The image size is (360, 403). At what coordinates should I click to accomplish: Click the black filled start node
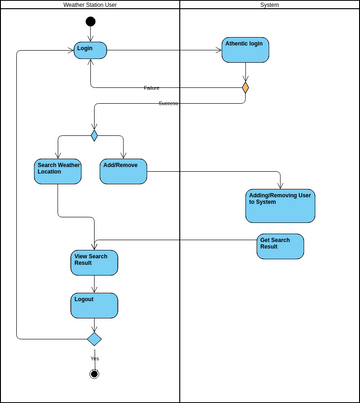coord(90,21)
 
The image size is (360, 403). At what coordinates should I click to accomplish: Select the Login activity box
coord(90,50)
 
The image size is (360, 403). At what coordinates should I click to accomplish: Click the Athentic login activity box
coord(245,50)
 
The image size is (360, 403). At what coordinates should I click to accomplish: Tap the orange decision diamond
coord(245,88)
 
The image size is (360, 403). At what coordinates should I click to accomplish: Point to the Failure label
coord(151,88)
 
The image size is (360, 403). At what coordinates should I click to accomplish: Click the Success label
coord(168,104)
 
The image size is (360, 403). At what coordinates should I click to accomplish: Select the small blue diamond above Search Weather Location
coord(94,135)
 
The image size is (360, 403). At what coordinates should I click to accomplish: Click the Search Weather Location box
coord(58,171)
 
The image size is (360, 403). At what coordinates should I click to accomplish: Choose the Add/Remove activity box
coord(124,171)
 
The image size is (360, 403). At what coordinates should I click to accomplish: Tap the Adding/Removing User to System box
coord(280,205)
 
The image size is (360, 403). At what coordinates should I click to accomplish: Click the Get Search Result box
coord(280,246)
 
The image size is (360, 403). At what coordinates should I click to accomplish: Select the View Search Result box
coord(94,262)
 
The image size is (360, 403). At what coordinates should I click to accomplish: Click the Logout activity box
coord(94,305)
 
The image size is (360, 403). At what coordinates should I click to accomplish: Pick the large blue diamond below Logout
coord(94,338)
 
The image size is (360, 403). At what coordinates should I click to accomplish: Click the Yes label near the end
coord(95,358)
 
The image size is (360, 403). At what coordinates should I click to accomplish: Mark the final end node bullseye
coord(94,374)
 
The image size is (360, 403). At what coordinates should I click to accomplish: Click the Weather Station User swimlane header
coord(90,5)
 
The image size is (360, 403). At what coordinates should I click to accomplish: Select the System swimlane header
coord(270,5)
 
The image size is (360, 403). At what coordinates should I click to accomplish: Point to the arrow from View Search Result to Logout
coord(94,284)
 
